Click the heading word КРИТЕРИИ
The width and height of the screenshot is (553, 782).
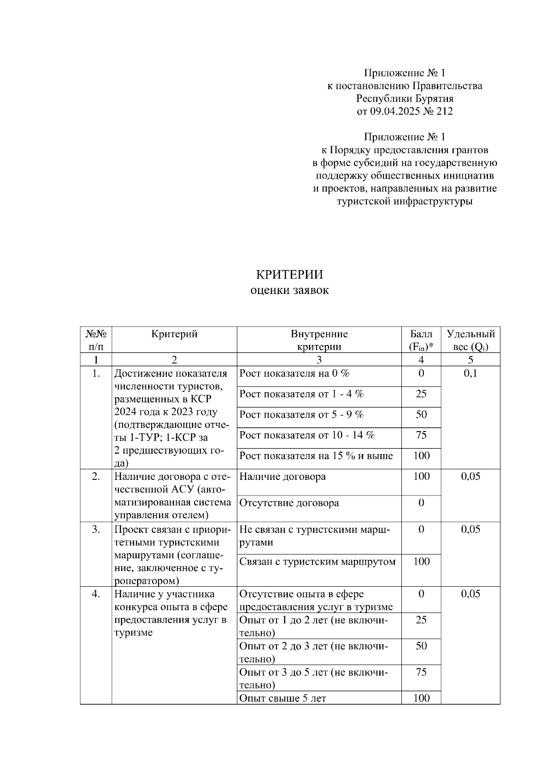pyautogui.click(x=289, y=275)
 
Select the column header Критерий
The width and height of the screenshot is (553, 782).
pyautogui.click(x=174, y=334)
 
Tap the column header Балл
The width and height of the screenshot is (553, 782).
pyautogui.click(x=421, y=334)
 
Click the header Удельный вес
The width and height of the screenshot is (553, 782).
pyautogui.click(x=471, y=340)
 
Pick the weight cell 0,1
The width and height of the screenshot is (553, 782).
pyautogui.click(x=471, y=373)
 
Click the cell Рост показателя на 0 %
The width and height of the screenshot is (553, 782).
pyautogui.click(x=294, y=373)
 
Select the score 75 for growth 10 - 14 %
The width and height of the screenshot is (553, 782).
pyautogui.click(x=421, y=435)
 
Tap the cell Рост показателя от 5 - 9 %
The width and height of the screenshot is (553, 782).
pyautogui.click(x=301, y=415)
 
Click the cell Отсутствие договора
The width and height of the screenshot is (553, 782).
pyautogui.click(x=289, y=503)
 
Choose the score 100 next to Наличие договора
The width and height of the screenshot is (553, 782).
pyautogui.click(x=421, y=477)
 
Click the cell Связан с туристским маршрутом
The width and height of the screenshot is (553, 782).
pyautogui.click(x=318, y=562)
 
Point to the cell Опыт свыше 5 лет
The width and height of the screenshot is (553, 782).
pyautogui.click(x=282, y=698)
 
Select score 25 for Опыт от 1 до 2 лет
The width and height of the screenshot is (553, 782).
pyautogui.click(x=421, y=620)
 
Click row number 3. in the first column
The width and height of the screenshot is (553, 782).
pyautogui.click(x=96, y=530)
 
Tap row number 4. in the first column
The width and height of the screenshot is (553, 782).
pyautogui.click(x=96, y=594)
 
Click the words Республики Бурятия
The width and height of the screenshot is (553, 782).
pyautogui.click(x=405, y=99)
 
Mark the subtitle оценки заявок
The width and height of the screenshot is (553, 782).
pyautogui.click(x=289, y=291)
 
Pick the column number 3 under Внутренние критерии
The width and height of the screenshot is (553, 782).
pyautogui.click(x=319, y=360)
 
